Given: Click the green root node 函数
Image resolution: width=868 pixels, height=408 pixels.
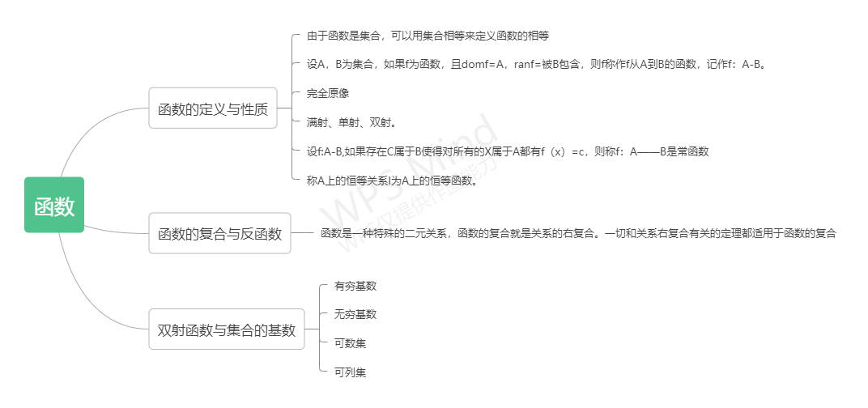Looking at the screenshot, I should coord(54,205).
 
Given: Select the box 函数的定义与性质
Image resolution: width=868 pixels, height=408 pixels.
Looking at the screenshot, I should coord(213,108).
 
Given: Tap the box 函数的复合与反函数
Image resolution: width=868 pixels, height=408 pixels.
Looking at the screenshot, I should coord(219,233).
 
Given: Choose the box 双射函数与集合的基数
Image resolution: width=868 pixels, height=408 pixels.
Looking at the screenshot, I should coord(227,329).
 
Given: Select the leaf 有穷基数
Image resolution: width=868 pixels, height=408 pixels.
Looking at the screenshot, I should coord(355,286).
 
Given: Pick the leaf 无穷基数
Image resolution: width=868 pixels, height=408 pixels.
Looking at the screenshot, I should coord(355,314).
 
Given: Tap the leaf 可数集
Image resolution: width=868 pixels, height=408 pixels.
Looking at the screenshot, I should coord(350,343).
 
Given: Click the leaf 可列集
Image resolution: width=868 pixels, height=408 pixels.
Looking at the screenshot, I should coord(350,372).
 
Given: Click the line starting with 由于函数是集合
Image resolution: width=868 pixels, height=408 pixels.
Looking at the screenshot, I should coord(428,36).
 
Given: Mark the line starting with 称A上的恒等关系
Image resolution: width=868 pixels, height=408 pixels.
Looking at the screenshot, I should coord(392,181).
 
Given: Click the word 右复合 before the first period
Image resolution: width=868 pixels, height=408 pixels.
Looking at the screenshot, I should coord(579,233).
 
